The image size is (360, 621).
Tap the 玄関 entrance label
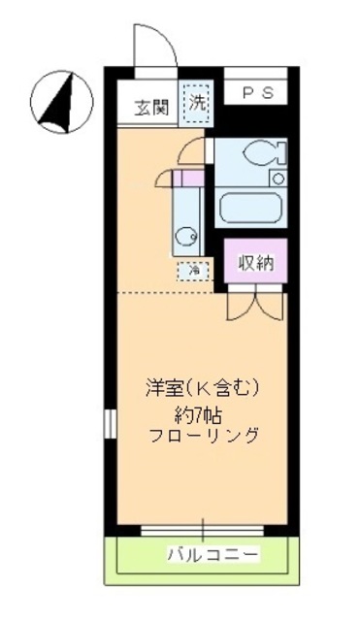tap(151, 106)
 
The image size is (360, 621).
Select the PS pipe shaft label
tap(257, 93)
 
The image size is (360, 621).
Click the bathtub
tap(251, 205)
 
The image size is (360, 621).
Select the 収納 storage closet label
tap(257, 262)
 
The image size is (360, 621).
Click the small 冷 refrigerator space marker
tap(193, 271)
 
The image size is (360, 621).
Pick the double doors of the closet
tap(255, 304)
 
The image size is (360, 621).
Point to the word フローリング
tap(204, 436)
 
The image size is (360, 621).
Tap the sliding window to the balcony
tap(203, 530)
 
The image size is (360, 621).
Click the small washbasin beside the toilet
tap(278, 178)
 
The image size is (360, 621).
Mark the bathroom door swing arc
tap(195, 150)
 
